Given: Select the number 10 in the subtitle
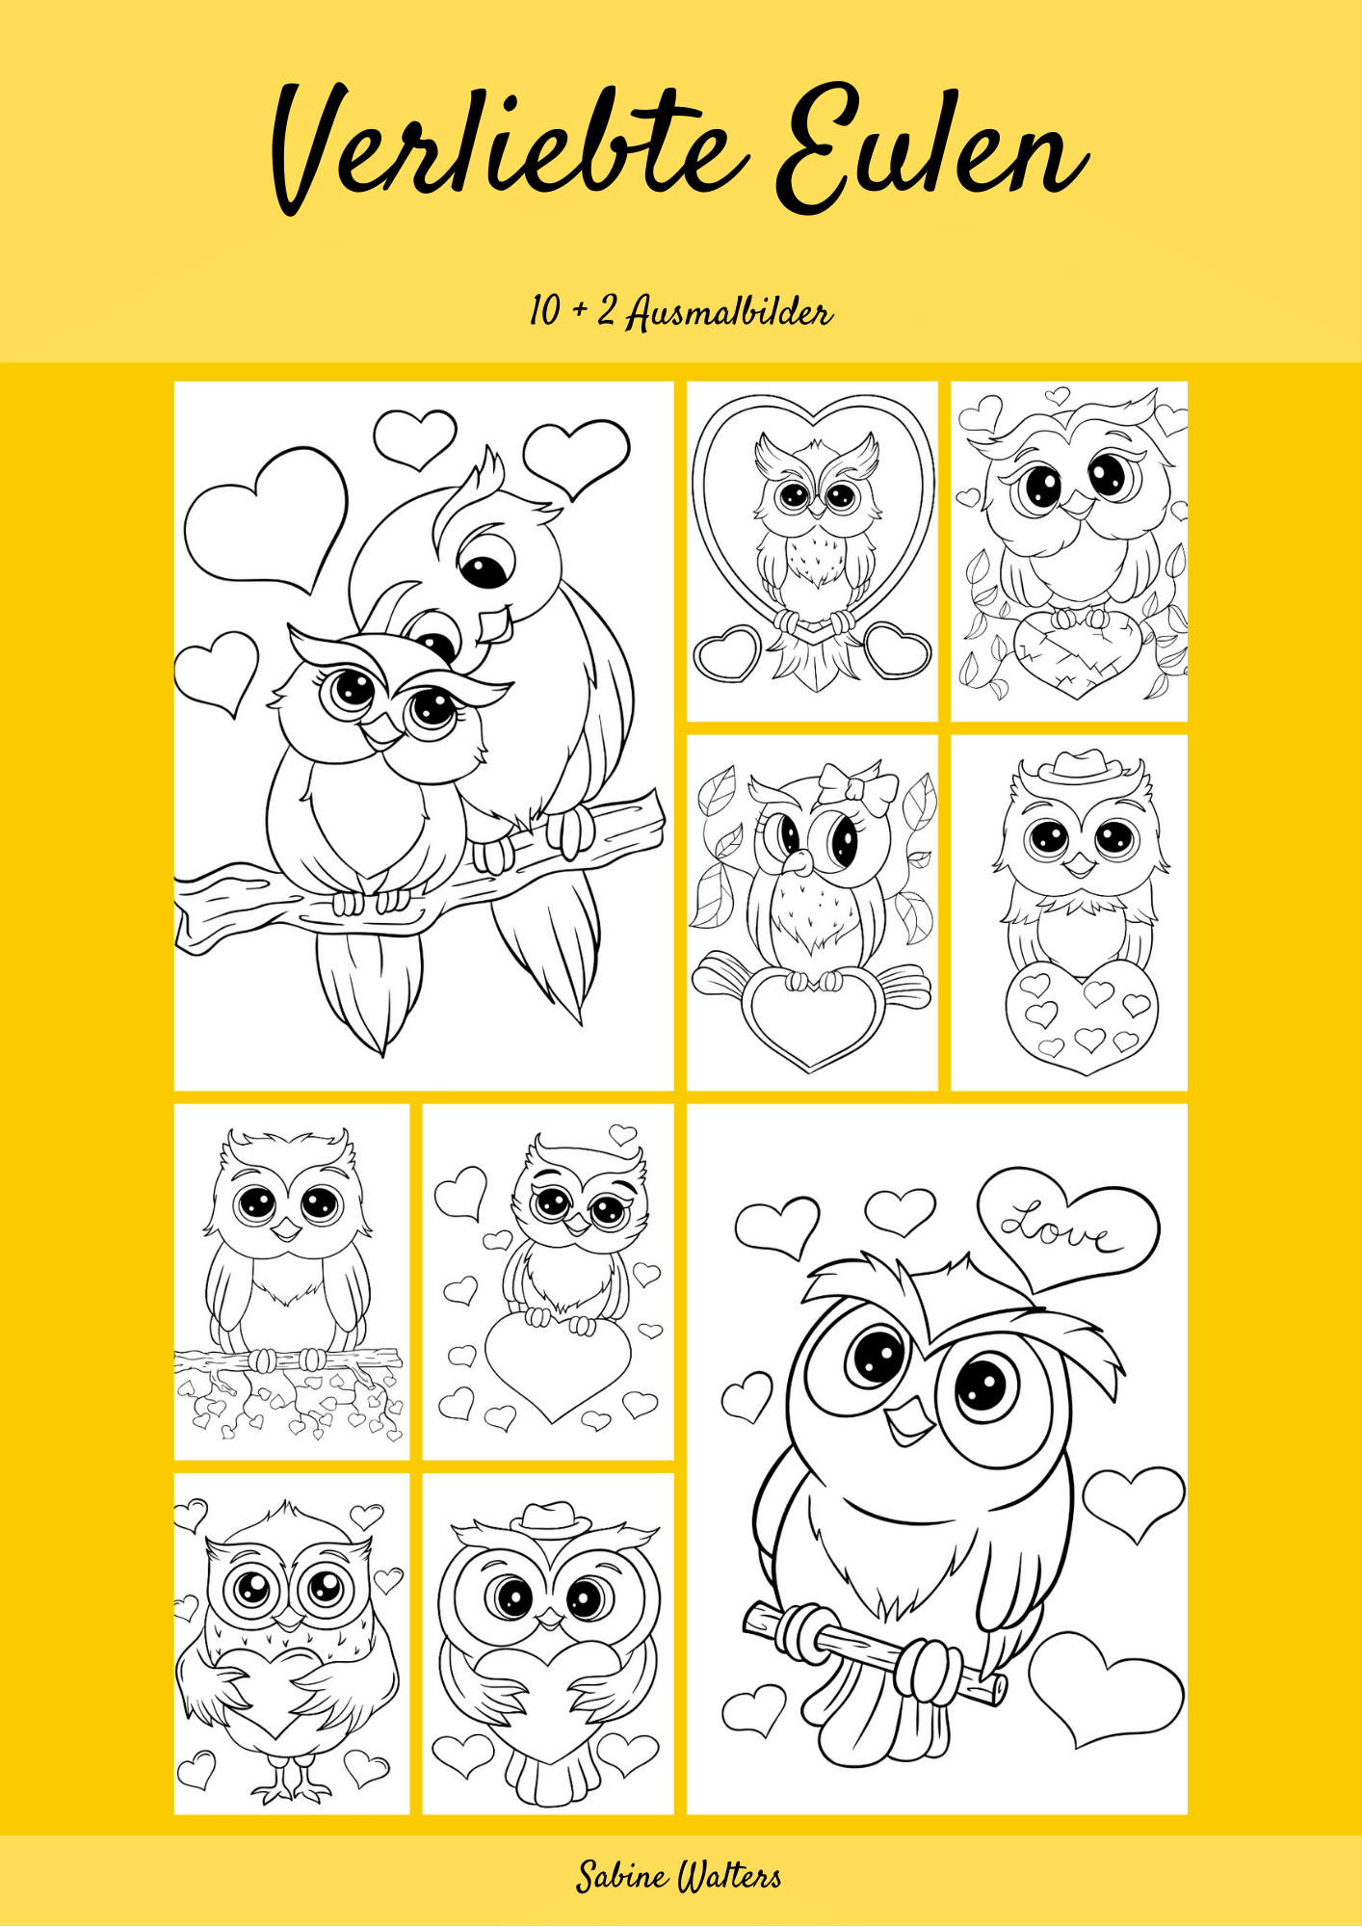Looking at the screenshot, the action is [544, 310].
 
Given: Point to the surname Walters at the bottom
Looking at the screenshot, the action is [730, 1877].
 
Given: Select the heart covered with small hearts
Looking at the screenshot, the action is [1081, 1015].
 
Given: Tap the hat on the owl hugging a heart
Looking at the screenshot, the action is [550, 1518].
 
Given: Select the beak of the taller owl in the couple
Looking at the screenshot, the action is [497, 624].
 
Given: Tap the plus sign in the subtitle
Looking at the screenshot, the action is [581, 312].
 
